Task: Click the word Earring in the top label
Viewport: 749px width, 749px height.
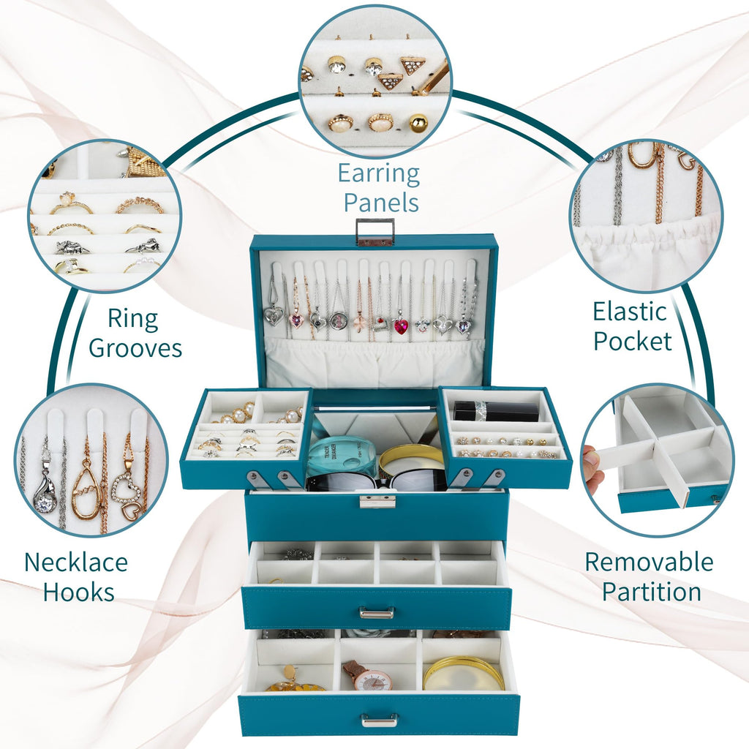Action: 379,175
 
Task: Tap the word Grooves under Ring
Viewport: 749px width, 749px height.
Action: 135,348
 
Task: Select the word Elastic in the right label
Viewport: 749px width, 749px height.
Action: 630,312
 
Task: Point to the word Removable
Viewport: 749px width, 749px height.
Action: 650,562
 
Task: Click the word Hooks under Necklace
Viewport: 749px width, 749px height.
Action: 79,592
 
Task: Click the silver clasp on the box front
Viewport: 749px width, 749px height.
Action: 377,501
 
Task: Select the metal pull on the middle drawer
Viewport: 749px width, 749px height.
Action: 377,612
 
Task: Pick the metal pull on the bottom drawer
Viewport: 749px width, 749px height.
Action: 380,719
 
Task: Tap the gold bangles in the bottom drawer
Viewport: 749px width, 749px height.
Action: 463,673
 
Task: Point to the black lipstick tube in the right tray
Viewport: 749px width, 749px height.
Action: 495,411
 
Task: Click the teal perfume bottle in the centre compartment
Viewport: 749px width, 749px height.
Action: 339,457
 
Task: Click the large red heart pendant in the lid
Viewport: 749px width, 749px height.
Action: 400,327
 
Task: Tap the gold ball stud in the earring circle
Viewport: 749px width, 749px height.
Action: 418,123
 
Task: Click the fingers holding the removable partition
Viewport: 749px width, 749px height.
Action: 591,467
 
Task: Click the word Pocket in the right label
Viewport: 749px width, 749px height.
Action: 633,341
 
